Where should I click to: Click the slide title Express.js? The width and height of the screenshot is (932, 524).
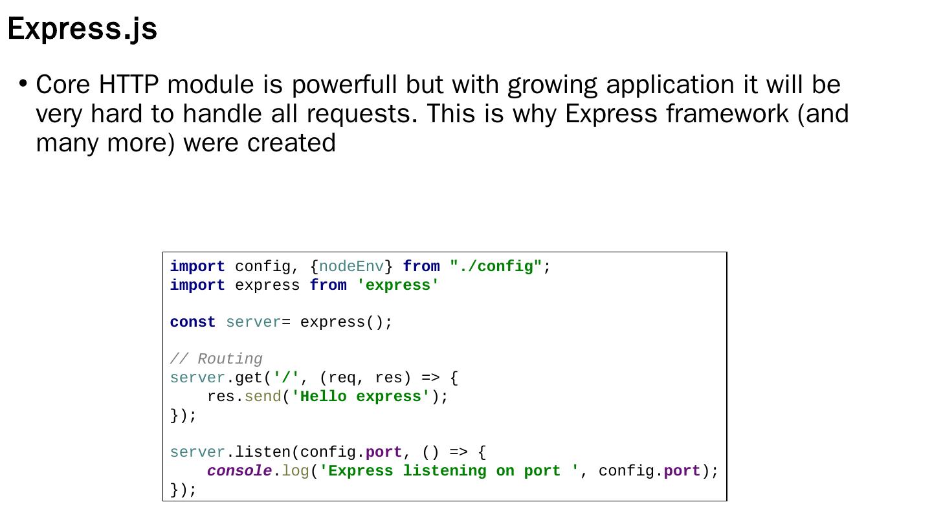[82, 29]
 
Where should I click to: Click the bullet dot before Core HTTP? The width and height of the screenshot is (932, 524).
[23, 83]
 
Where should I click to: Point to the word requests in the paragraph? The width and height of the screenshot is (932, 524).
[362, 114]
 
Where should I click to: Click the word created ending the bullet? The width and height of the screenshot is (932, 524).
[291, 143]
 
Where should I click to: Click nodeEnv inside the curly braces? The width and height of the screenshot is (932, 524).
[351, 267]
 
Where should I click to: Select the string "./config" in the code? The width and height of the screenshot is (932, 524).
[496, 267]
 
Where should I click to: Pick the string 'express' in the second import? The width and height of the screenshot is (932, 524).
[397, 285]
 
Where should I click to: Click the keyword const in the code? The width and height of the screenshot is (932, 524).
[193, 322]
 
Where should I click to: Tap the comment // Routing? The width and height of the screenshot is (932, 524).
[216, 359]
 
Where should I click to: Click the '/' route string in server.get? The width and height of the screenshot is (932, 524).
[286, 378]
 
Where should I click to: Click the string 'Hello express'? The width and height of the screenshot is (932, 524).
[361, 397]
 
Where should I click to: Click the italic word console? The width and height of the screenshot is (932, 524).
[239, 471]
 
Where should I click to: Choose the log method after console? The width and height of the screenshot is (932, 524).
[295, 471]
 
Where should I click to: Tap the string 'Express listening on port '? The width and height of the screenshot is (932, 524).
[449, 471]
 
